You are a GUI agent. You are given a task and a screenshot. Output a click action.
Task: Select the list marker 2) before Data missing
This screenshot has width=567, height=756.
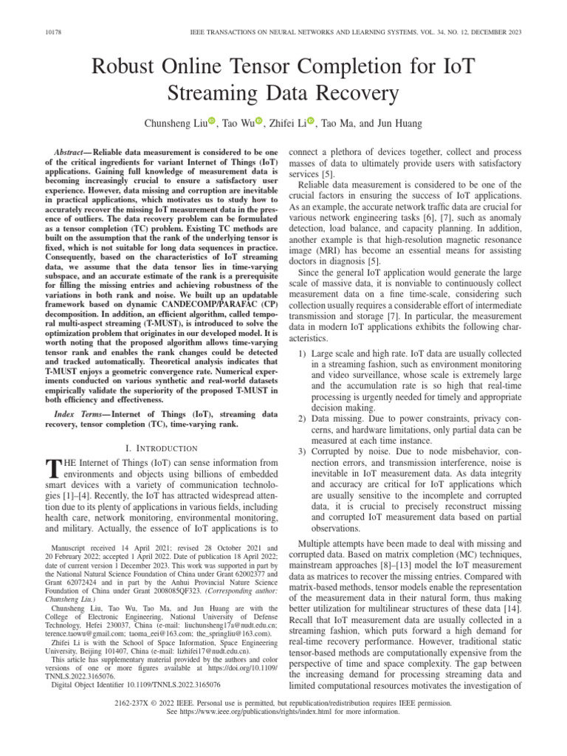click(x=301, y=418)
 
